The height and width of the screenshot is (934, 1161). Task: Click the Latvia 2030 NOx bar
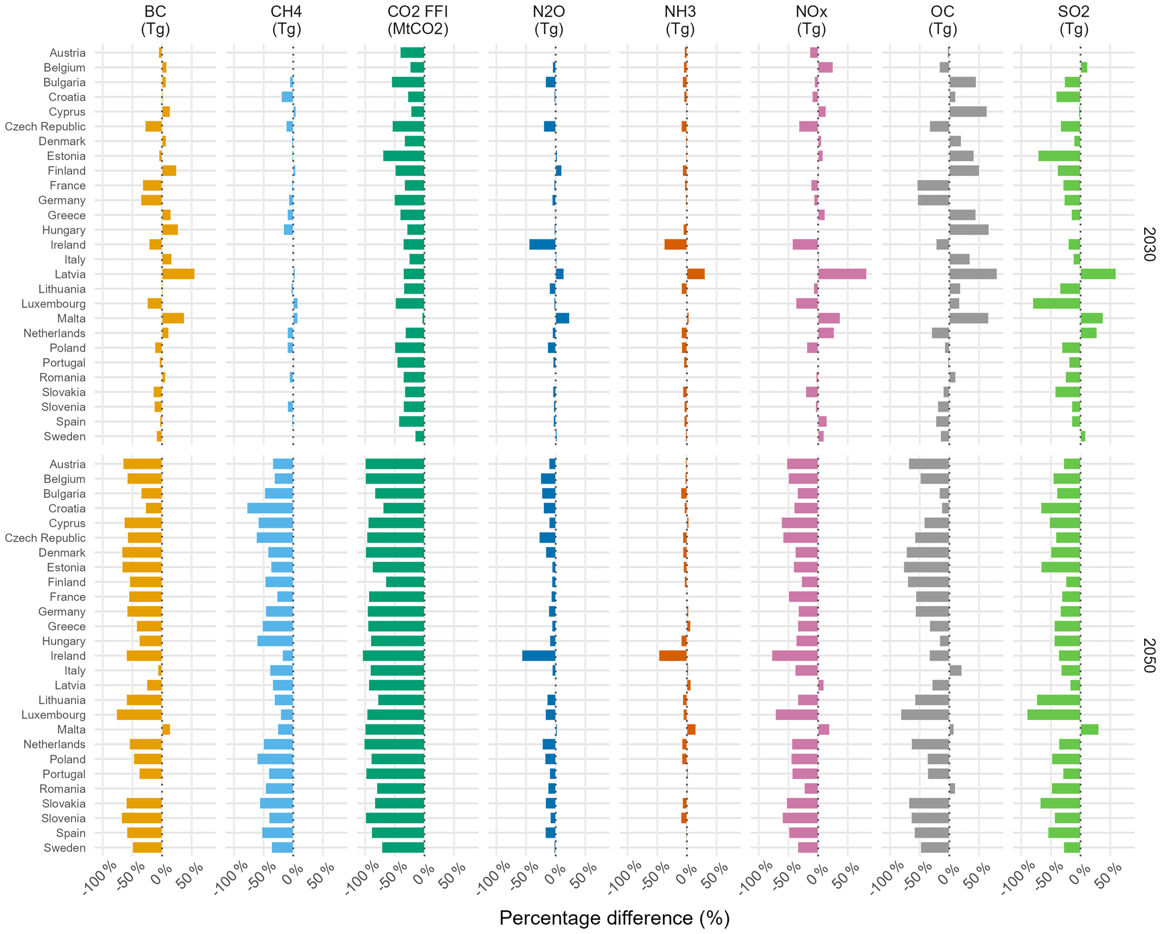842,274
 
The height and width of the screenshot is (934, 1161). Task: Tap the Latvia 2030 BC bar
178,274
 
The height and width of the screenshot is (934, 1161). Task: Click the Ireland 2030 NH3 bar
675,245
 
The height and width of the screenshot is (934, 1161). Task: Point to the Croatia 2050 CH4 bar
270,508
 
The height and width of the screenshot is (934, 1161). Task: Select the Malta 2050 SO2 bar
1089,730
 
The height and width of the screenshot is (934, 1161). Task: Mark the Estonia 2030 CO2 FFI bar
404,156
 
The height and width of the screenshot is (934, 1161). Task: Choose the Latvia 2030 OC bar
973,274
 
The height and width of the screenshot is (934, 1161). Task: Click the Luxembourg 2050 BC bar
140,715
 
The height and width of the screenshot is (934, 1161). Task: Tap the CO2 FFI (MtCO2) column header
418,20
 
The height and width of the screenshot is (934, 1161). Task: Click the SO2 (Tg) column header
1074,20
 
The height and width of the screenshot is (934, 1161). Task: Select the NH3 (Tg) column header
680,20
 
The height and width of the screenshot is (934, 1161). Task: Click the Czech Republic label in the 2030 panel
45,127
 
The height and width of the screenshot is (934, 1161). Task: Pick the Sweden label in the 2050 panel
64,848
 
